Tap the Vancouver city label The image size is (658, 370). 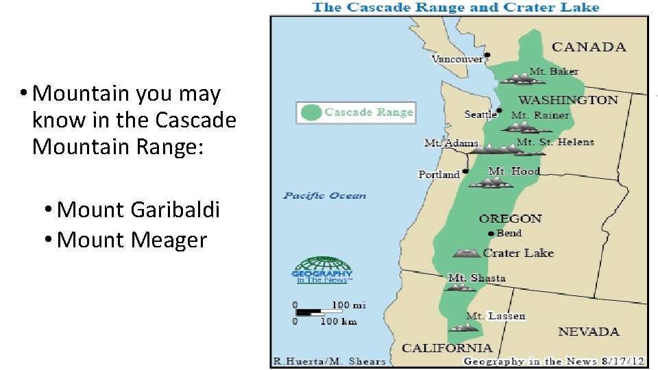[456, 60]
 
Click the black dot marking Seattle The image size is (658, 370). [500, 110]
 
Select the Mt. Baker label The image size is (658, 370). [554, 71]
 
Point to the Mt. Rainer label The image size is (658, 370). [540, 115]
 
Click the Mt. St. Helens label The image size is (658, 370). [555, 142]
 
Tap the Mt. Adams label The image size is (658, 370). [451, 143]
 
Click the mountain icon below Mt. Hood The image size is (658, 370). [490, 183]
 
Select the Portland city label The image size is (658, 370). [439, 175]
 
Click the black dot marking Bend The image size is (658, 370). [491, 234]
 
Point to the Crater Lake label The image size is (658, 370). [518, 253]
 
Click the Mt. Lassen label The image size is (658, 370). [496, 316]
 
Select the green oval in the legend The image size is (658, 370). [311, 112]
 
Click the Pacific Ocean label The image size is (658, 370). [325, 196]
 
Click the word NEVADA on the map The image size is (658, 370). [588, 332]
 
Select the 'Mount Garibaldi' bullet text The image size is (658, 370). [138, 210]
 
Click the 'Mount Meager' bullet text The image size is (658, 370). [132, 240]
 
